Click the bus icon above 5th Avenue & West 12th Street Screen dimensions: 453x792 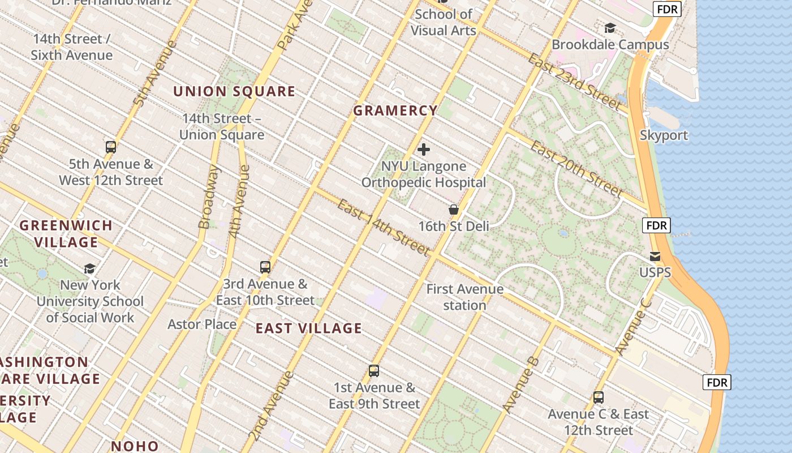(111, 147)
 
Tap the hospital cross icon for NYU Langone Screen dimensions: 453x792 (423, 149)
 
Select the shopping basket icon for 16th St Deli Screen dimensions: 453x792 (453, 210)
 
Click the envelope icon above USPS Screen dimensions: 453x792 (655, 257)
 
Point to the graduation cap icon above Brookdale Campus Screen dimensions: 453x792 (610, 28)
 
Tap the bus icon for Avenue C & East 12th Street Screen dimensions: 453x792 (598, 398)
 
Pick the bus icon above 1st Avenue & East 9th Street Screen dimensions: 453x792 (373, 371)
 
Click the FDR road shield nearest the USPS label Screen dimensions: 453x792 (656, 225)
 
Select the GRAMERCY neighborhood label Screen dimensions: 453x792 (395, 111)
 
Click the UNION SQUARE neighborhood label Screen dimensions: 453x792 (234, 91)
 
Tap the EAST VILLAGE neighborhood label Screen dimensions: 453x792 (308, 328)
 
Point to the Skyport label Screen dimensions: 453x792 (664, 135)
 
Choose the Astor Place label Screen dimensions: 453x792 (202, 324)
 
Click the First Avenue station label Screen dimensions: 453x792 (464, 297)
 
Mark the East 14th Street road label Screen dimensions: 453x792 (384, 226)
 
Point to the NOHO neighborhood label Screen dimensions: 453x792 (135, 446)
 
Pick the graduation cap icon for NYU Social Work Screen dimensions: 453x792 (89, 268)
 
